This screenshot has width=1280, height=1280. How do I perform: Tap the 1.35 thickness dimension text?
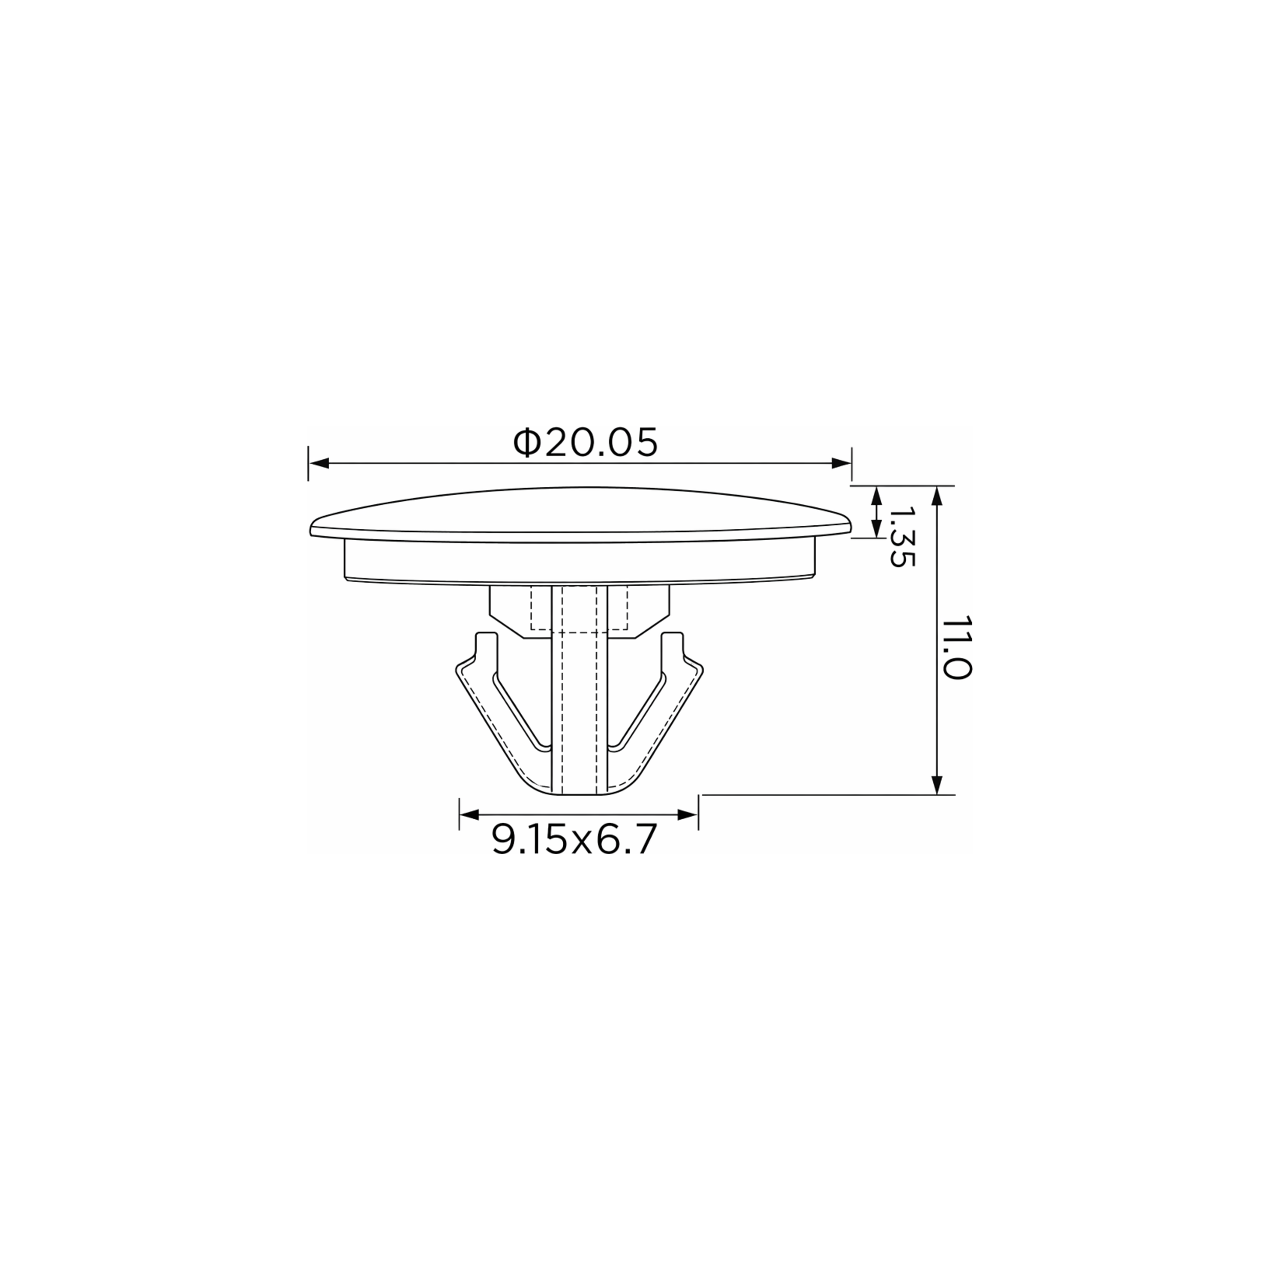[902, 537]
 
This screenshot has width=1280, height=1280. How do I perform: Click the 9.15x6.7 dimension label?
[574, 840]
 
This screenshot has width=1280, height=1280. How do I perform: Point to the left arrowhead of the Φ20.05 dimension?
[318, 463]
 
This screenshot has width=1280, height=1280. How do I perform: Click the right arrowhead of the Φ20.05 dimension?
[841, 463]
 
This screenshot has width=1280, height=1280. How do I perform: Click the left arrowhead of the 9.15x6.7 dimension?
[470, 814]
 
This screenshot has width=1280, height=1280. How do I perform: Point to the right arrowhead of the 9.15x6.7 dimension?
[688, 814]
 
